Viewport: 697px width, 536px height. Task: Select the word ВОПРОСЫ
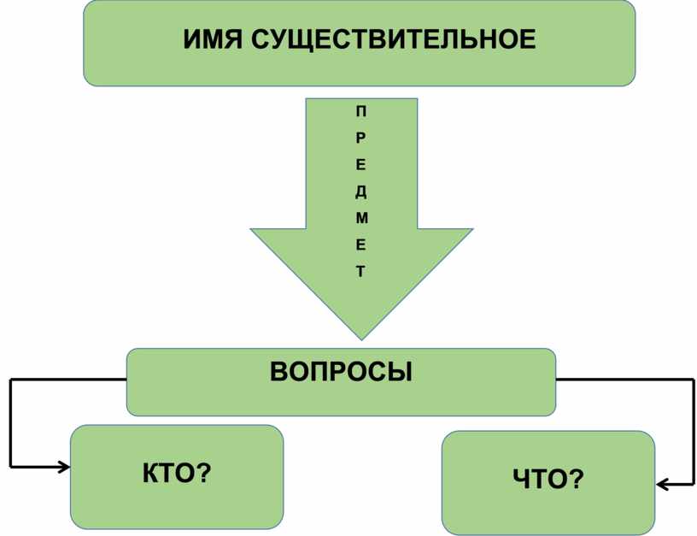pyautogui.click(x=341, y=372)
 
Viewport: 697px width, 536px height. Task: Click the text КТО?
pyautogui.click(x=177, y=471)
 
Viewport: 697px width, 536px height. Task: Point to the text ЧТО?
pyautogui.click(x=548, y=481)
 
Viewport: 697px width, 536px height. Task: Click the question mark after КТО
pyautogui.click(x=205, y=471)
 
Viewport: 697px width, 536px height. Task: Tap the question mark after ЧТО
pyautogui.click(x=577, y=481)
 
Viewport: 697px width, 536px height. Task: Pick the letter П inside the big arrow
pyautogui.click(x=361, y=110)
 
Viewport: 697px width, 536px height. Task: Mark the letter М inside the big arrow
pyautogui.click(x=361, y=218)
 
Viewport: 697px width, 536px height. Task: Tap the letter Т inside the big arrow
pyautogui.click(x=361, y=272)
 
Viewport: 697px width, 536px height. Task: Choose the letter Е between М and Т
pyautogui.click(x=361, y=245)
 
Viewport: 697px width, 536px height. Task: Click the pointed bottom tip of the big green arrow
pyautogui.click(x=362, y=337)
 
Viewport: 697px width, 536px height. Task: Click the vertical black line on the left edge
pyautogui.click(x=10, y=423)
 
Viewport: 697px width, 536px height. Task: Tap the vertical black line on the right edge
pyautogui.click(x=693, y=432)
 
